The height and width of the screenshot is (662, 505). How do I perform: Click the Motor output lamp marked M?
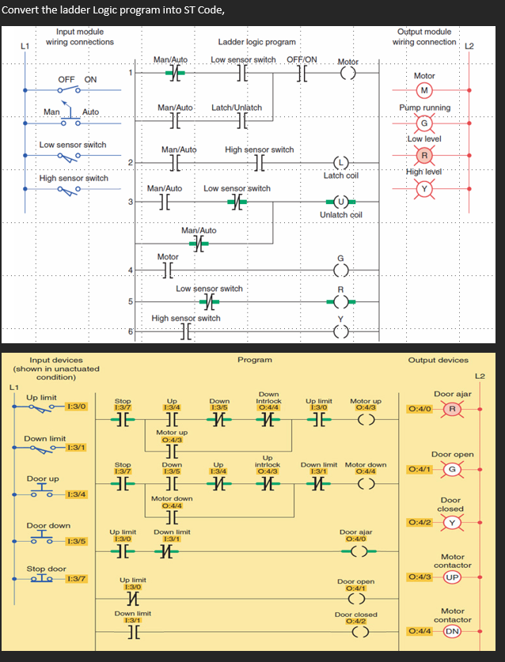point(424,88)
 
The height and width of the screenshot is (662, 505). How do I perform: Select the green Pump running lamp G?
point(424,123)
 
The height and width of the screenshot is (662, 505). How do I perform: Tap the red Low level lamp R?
point(424,155)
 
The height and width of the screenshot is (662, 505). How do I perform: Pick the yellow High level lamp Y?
point(424,187)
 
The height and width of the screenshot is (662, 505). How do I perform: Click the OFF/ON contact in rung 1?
point(301,74)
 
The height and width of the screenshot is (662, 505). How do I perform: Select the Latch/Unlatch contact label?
point(237,107)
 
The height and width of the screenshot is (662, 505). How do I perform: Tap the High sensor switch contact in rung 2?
point(259,163)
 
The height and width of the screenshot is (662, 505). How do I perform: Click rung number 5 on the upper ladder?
point(131,301)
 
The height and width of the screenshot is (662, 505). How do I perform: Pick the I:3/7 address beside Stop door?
point(78,578)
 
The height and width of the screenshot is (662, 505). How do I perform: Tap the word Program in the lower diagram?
point(255,360)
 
